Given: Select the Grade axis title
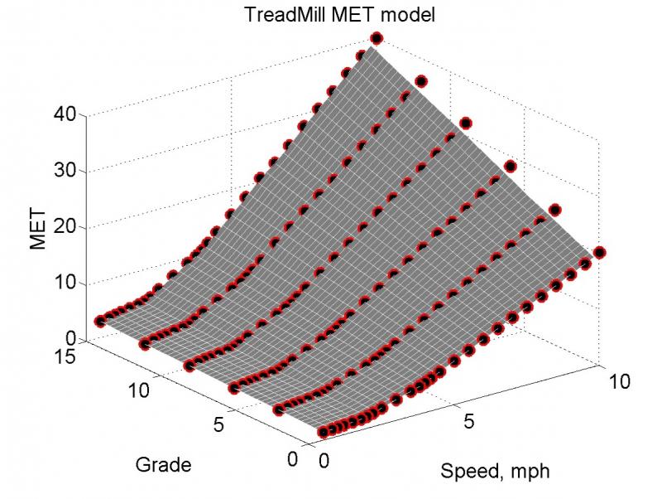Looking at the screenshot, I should coord(163,465).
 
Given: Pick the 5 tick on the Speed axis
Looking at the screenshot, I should coord(468,421).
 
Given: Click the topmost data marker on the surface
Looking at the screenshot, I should coord(377,38).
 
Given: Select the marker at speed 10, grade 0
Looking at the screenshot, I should coord(600,252).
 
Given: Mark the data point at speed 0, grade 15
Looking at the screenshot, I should coord(100,321).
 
